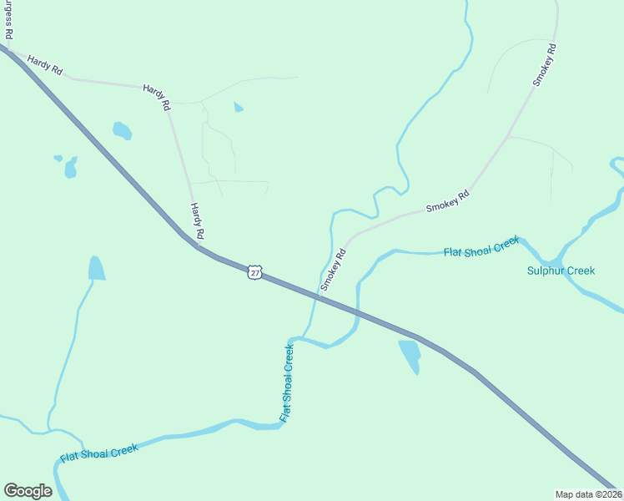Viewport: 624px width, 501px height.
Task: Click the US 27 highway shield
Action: pos(254,272)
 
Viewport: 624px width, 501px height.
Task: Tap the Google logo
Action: pos(28,490)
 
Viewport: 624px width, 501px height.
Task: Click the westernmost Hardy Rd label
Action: pos(44,66)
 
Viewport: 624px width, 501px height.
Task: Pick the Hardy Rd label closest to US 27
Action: pos(197,221)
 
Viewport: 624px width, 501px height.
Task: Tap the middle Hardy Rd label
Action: pos(157,97)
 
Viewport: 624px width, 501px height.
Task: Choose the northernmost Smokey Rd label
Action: pos(545,65)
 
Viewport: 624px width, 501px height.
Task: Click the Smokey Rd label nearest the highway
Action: pos(333,270)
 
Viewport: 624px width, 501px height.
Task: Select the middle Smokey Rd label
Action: pos(448,200)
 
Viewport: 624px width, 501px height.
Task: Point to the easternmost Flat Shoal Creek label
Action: pos(481,246)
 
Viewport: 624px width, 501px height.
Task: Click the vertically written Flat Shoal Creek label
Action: pos(287,383)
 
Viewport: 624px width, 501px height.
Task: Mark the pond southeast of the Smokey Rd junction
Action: pos(410,356)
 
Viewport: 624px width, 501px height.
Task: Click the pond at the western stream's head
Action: pos(97,268)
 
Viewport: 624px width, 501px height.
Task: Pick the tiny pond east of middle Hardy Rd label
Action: pos(239,107)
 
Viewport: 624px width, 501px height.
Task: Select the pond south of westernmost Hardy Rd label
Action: pos(122,130)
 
